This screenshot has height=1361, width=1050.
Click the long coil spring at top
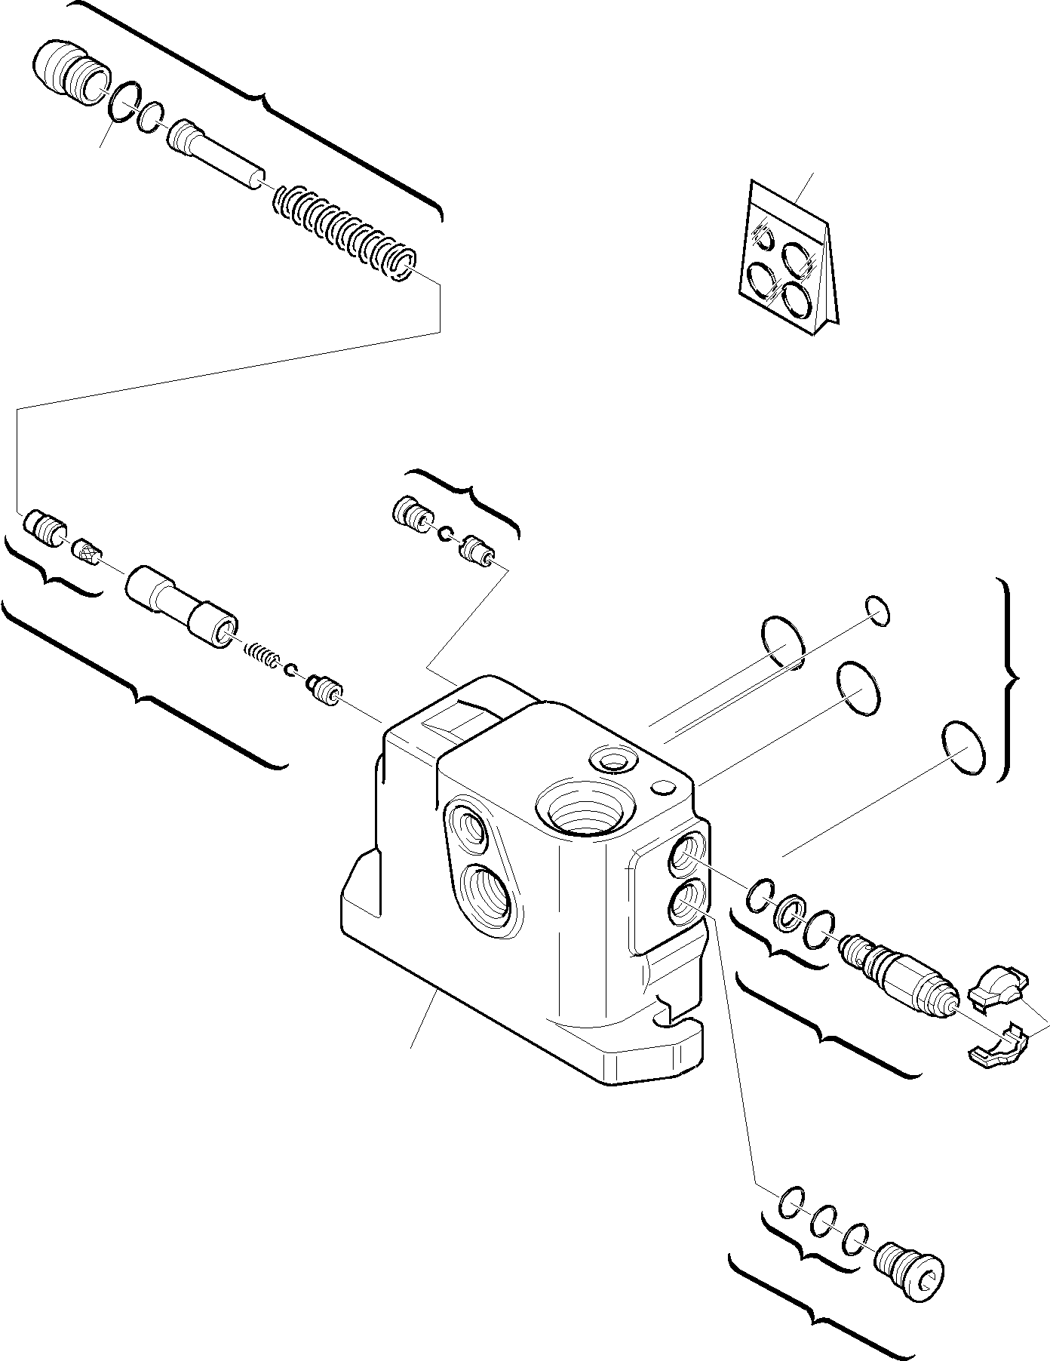click(343, 235)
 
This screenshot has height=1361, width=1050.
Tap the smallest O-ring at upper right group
click(877, 610)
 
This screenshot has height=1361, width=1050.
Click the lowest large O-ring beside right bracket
click(964, 747)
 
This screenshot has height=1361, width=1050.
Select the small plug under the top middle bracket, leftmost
click(410, 512)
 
